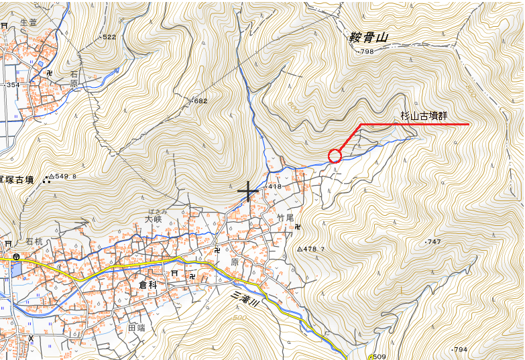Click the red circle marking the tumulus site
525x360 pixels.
335,156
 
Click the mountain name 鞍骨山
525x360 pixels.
369,38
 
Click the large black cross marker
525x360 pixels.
248,192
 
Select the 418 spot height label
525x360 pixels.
274,186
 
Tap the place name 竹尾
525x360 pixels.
286,218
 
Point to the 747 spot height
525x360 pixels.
433,241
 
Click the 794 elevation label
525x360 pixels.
459,350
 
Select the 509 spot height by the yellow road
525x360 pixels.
379,357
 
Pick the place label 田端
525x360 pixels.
136,328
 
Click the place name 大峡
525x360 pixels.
154,219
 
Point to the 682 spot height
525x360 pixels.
200,101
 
